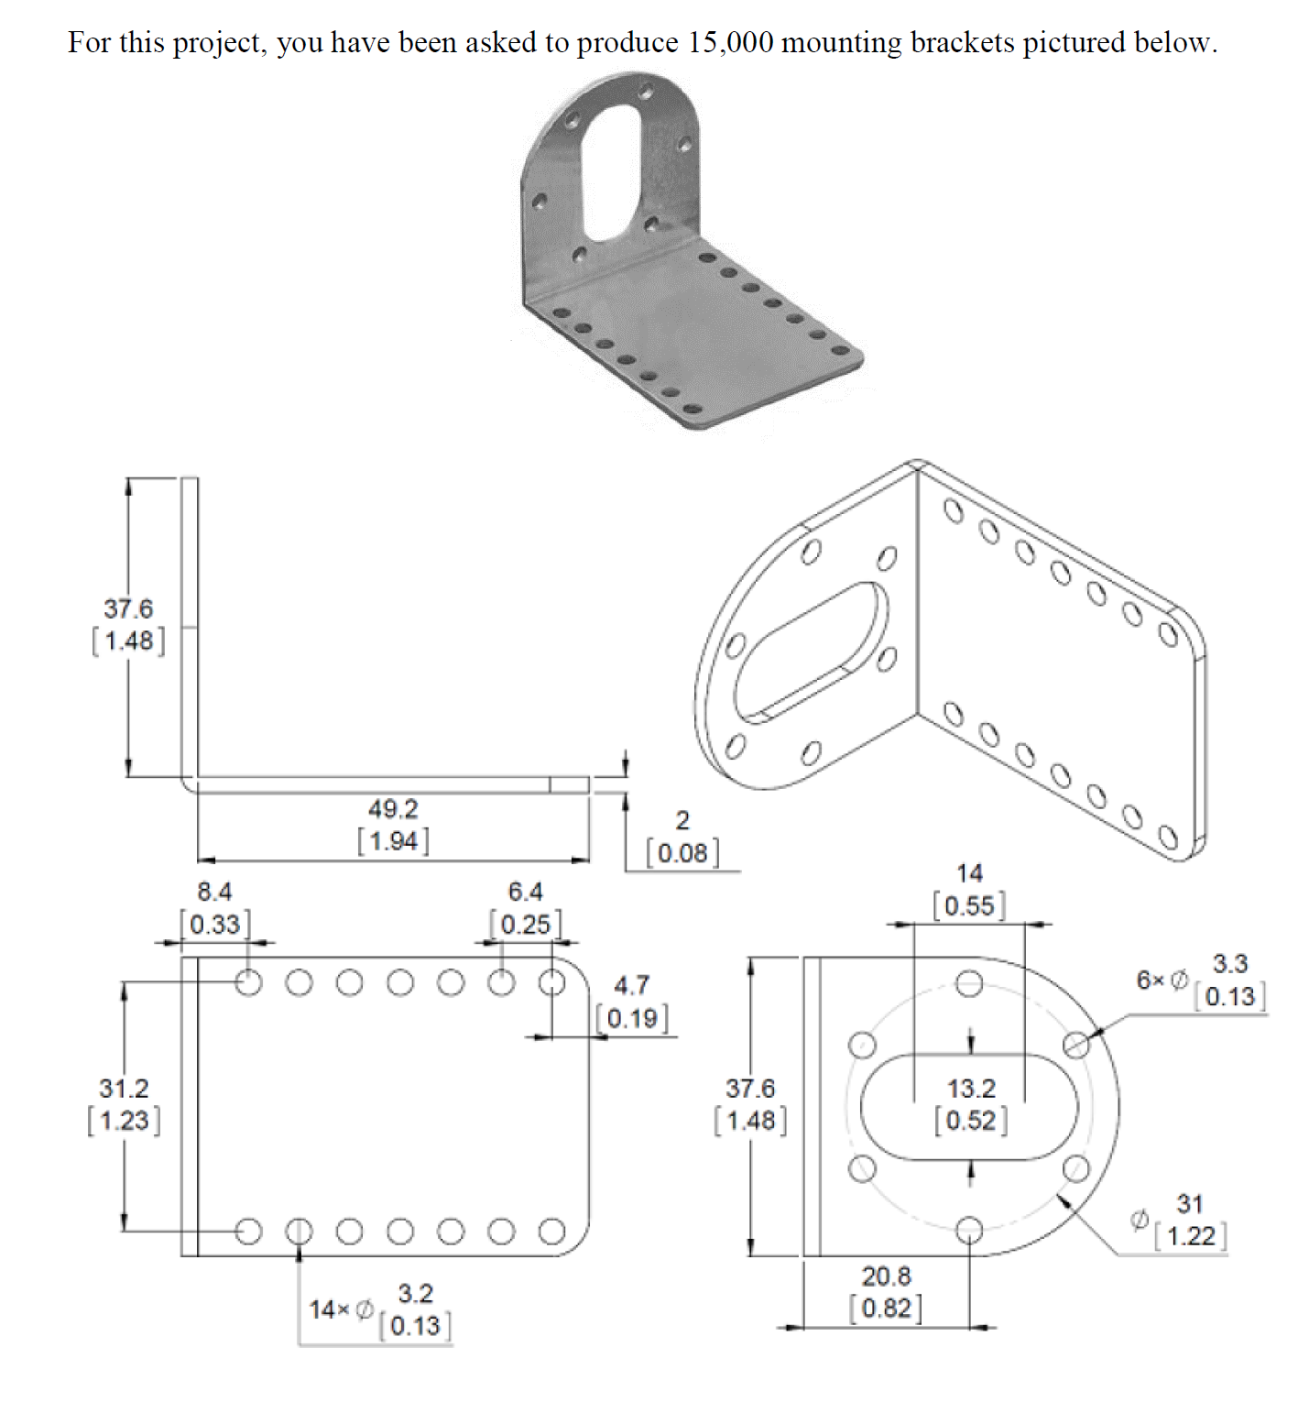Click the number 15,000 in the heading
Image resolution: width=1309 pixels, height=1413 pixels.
click(729, 43)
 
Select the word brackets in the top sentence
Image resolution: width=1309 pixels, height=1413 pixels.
click(962, 43)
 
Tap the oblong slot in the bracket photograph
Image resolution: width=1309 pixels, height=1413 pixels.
click(611, 174)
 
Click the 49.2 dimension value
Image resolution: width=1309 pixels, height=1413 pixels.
click(393, 809)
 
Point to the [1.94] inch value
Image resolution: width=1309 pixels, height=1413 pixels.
click(393, 841)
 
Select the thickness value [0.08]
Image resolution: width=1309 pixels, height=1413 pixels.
click(682, 853)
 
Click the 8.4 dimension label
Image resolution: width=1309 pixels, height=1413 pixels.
click(214, 892)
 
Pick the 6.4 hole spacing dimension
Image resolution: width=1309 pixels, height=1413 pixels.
click(525, 892)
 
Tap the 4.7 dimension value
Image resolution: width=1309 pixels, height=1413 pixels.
click(631, 985)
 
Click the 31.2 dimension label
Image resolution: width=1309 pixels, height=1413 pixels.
click(124, 1089)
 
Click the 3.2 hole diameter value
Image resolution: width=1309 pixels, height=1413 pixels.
click(415, 1293)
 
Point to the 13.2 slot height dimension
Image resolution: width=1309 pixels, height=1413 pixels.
click(971, 1089)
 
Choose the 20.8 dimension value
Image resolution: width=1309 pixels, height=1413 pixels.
click(886, 1276)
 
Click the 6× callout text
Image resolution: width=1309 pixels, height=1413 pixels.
click(1152, 980)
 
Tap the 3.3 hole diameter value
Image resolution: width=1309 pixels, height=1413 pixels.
click(1230, 963)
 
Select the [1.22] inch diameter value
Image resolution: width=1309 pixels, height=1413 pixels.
click(1190, 1236)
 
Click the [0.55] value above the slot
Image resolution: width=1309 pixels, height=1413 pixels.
click(970, 906)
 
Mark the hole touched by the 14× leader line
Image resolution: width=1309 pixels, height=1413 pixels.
click(299, 1231)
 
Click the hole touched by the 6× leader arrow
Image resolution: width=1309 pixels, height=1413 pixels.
click(1077, 1044)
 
